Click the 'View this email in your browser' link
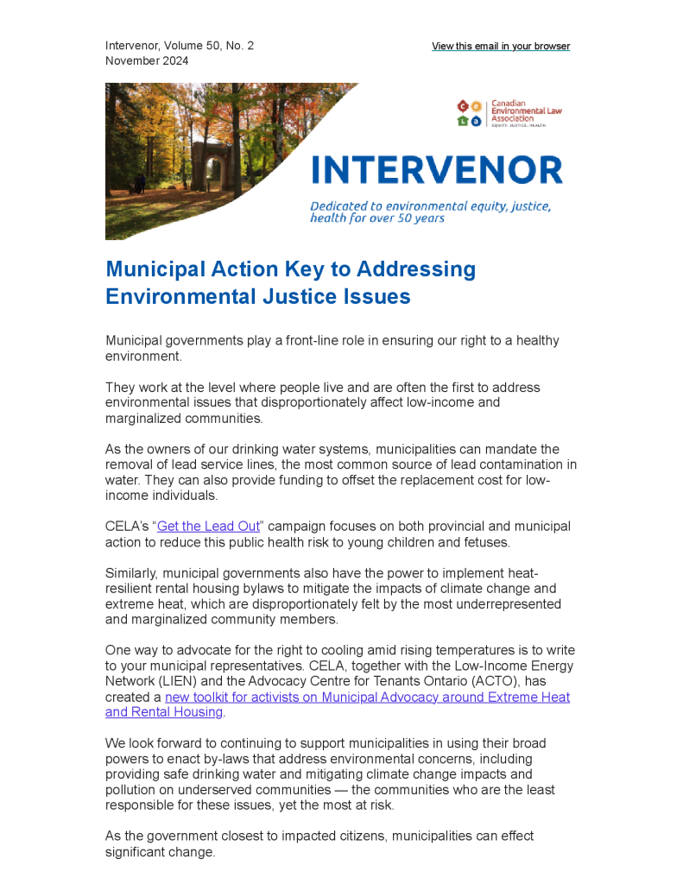tap(501, 47)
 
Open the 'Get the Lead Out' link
tap(209, 527)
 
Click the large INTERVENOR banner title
tap(437, 170)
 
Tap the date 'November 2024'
tap(147, 61)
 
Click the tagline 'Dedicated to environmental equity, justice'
tap(430, 207)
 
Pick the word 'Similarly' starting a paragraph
tap(131, 573)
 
